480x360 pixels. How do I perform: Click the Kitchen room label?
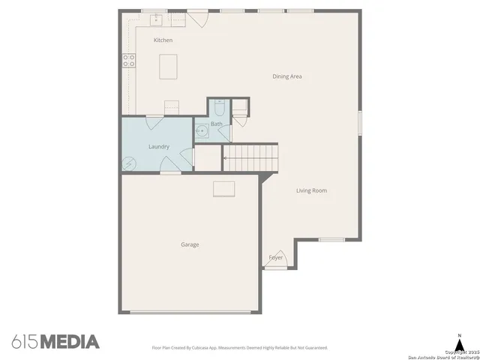coord(163,40)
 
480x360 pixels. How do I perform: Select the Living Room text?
coord(311,190)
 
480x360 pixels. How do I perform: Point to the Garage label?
coord(190,244)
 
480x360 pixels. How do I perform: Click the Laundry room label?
coord(158,146)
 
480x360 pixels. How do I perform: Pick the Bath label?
coord(216,124)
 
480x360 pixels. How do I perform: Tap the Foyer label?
coord(276,257)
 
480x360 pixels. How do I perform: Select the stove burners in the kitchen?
coord(128,60)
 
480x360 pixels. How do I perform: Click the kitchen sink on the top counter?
coord(158,19)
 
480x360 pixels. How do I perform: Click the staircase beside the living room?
coord(251,158)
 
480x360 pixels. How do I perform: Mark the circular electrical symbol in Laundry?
coord(129,163)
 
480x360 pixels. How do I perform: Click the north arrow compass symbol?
coord(459,342)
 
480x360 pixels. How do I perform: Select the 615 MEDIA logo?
coord(55,342)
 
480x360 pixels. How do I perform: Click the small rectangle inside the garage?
coord(224,187)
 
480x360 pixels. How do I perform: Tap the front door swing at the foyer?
coord(277,256)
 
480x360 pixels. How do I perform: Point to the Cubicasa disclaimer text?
coord(239,347)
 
